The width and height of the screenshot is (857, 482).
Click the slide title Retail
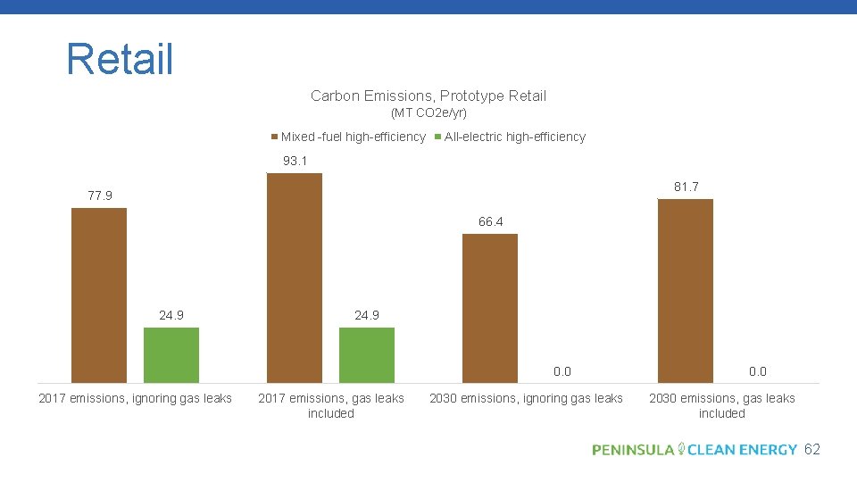(x=120, y=59)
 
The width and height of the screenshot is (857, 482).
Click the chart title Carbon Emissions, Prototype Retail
(x=428, y=96)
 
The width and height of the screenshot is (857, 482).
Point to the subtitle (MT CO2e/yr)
(x=428, y=113)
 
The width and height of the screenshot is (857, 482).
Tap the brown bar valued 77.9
(x=99, y=295)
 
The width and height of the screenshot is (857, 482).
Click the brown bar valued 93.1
(x=295, y=278)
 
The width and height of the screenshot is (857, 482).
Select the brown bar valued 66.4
(x=489, y=308)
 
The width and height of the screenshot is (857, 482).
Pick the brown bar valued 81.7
(x=685, y=291)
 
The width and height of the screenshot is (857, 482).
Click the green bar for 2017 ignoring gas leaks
(x=171, y=355)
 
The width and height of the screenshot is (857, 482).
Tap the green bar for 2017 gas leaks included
(x=367, y=355)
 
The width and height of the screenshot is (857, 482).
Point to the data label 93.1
(x=295, y=162)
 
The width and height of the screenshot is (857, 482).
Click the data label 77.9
(x=100, y=195)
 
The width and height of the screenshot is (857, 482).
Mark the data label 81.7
(x=686, y=187)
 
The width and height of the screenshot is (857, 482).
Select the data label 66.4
(x=490, y=221)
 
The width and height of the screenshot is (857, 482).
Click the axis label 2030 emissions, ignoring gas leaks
(x=526, y=398)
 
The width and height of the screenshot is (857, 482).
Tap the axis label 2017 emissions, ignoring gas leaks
(x=135, y=398)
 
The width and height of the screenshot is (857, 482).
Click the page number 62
(x=811, y=450)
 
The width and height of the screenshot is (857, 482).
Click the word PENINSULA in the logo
(x=633, y=450)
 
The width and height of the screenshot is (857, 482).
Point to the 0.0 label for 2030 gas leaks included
(x=757, y=371)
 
